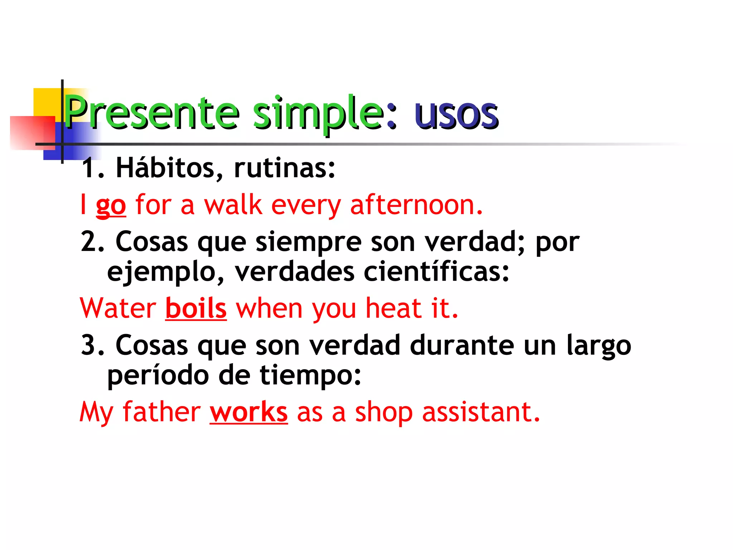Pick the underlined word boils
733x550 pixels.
click(196, 308)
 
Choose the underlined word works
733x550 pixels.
click(249, 412)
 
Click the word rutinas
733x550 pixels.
click(284, 168)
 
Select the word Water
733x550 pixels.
click(118, 308)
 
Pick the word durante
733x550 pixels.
click(462, 346)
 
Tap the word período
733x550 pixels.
click(158, 376)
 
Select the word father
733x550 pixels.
click(162, 412)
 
